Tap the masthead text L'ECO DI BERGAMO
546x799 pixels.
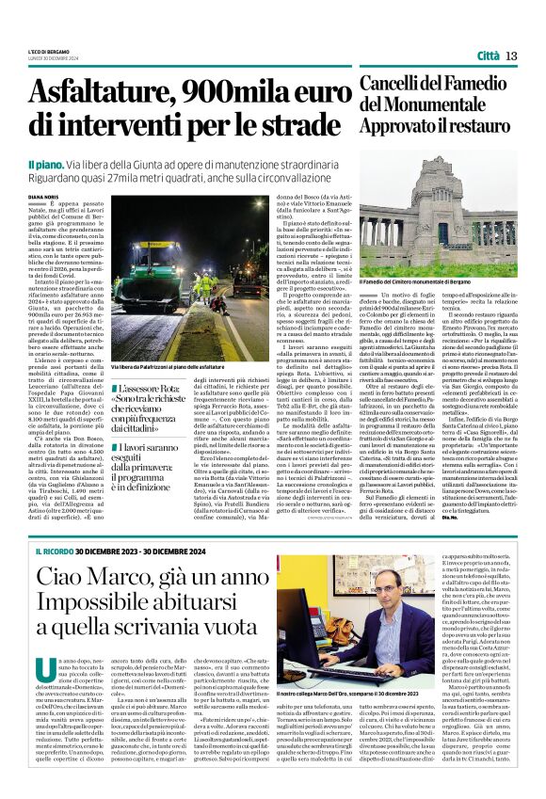[x=56, y=53]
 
